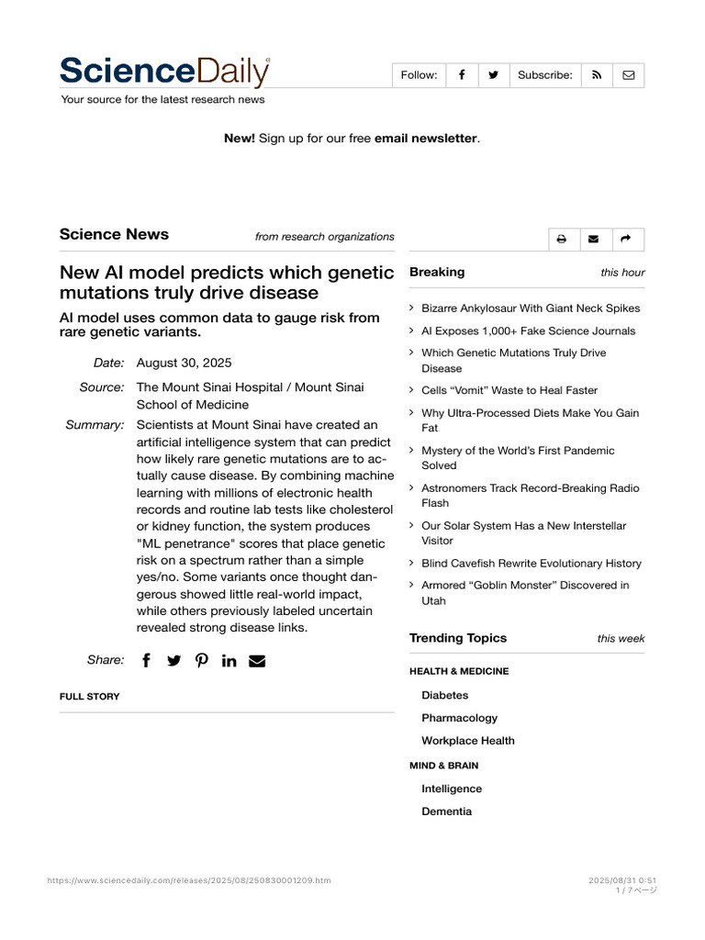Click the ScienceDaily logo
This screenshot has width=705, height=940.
[x=165, y=73]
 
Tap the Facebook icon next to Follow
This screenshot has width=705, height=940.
[x=462, y=75]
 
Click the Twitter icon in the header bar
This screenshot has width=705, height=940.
[x=493, y=75]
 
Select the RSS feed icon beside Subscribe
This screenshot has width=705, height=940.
[x=597, y=75]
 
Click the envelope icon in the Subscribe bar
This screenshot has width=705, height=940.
[x=629, y=75]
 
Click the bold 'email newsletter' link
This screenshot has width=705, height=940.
[x=425, y=138]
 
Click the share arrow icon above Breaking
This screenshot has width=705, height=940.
[x=625, y=240]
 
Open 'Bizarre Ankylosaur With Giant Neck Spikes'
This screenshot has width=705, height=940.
[x=531, y=308]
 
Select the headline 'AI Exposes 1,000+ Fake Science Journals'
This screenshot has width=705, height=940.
[x=528, y=330]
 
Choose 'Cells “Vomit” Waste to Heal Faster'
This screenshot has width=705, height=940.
[x=509, y=390]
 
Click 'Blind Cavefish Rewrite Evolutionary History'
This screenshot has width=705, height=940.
[x=532, y=563]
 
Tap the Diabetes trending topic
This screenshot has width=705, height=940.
[x=445, y=695]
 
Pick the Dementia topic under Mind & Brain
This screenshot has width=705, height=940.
[x=447, y=811]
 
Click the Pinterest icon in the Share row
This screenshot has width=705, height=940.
[x=202, y=660]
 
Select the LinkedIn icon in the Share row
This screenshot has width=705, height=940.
[x=229, y=660]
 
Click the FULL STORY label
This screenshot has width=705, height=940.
[x=90, y=697]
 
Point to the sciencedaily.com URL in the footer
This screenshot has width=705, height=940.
[x=189, y=880]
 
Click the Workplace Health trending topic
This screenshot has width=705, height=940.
[x=468, y=741]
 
